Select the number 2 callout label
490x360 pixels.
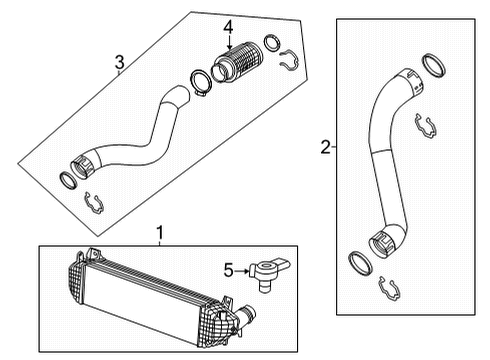pos(323,148)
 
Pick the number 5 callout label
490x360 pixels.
pos(227,269)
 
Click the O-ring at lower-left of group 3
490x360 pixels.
pos(66,180)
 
